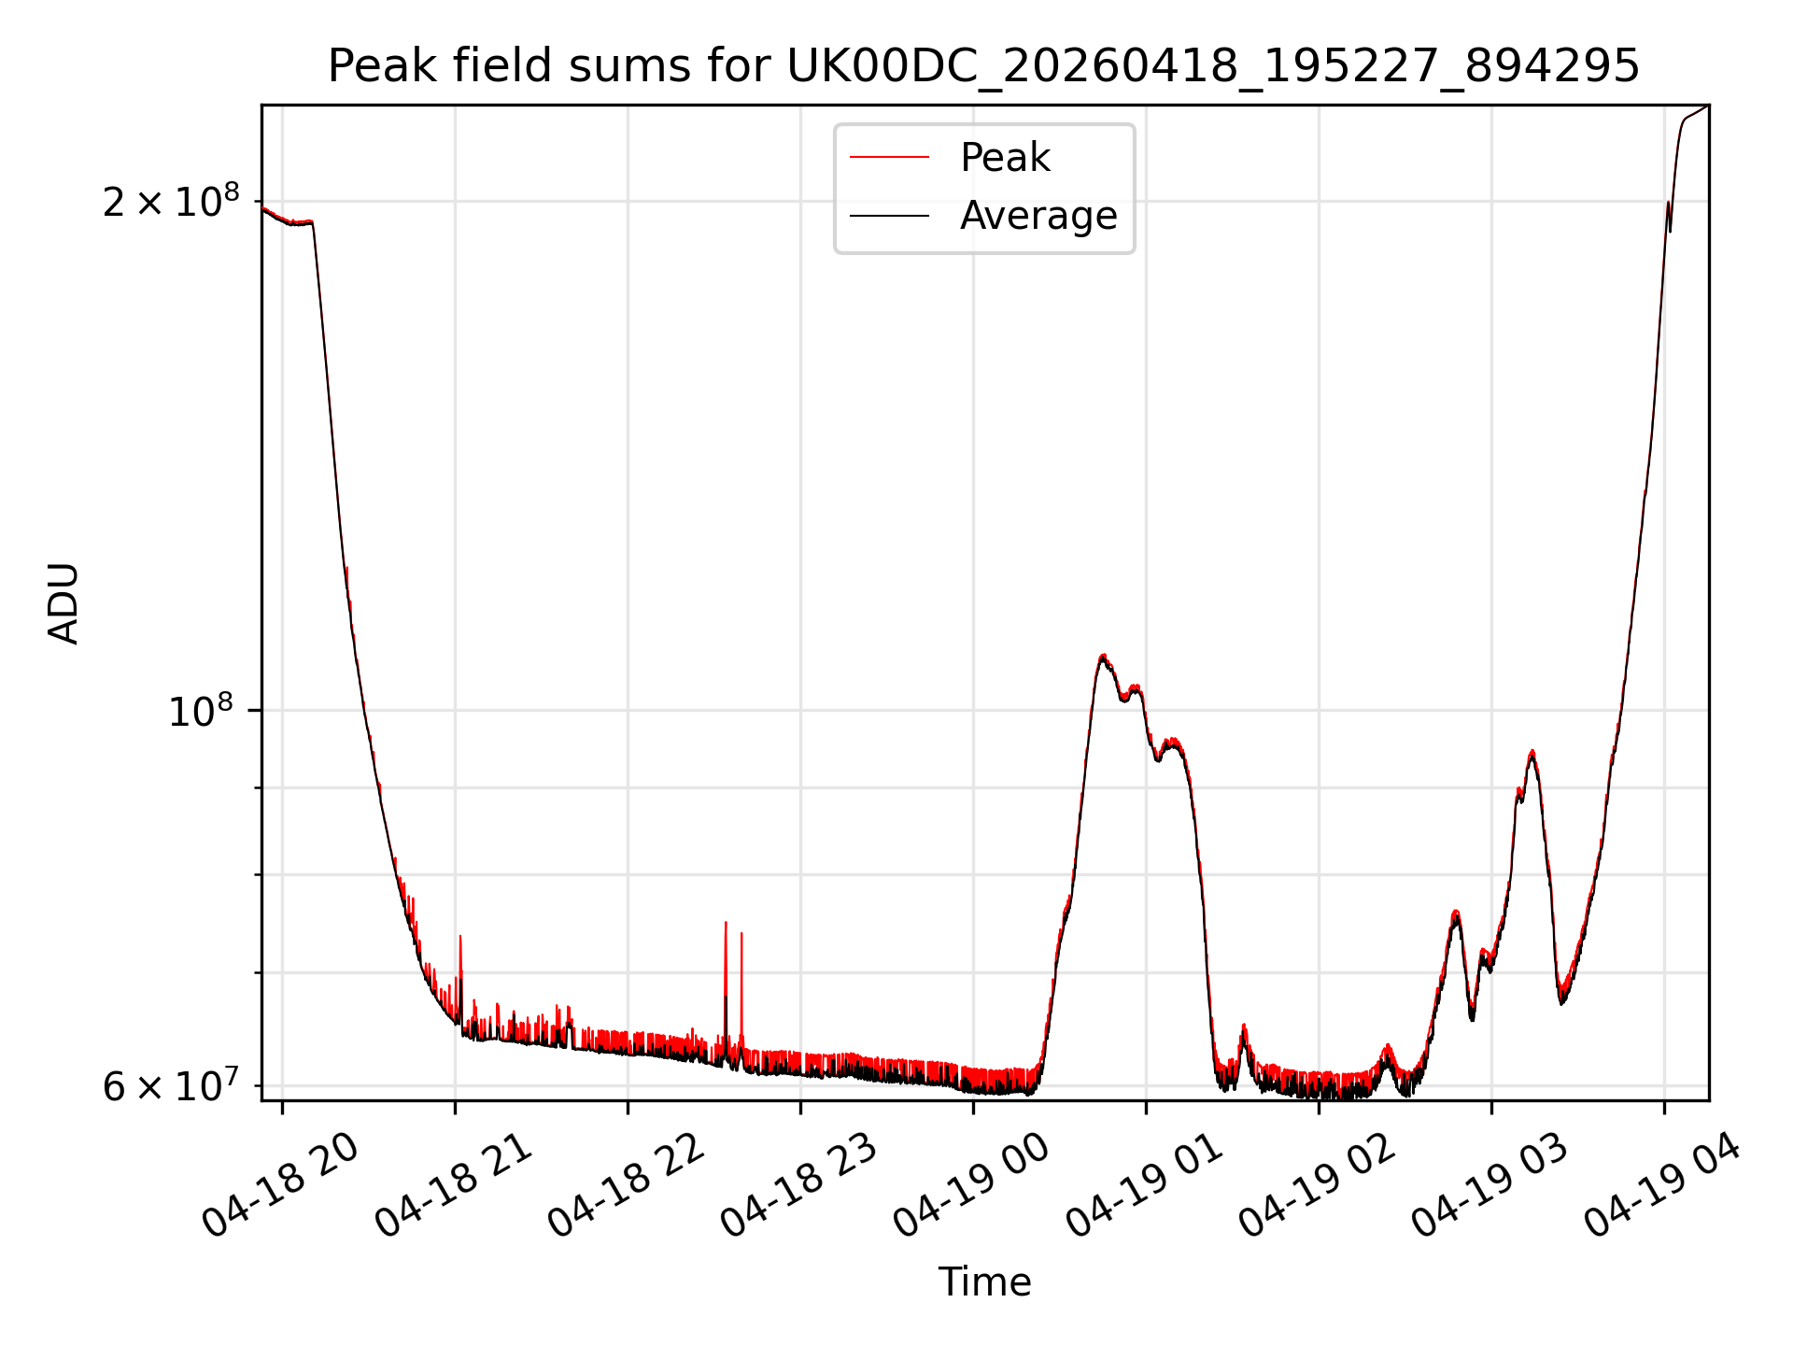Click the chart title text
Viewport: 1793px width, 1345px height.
pos(983,66)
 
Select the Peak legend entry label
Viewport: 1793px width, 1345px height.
pos(1005,158)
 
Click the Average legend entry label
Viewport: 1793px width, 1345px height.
pos(1038,216)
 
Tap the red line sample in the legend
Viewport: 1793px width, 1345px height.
pos(889,158)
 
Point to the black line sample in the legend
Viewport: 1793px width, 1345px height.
pos(889,216)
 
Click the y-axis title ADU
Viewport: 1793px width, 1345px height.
pos(64,602)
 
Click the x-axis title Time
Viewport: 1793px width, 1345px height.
pos(984,1281)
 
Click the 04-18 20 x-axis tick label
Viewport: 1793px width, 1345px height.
pos(281,1185)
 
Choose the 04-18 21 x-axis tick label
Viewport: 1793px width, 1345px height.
pos(454,1185)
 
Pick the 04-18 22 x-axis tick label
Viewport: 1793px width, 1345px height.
pos(627,1185)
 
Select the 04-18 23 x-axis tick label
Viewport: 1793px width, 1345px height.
pos(799,1185)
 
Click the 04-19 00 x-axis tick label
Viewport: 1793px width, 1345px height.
pos(972,1185)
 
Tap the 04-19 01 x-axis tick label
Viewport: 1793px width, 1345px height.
pos(1145,1185)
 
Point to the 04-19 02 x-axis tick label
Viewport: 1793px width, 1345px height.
pos(1318,1185)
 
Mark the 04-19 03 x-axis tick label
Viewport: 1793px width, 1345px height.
pos(1490,1185)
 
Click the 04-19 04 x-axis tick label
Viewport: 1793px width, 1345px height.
pos(1663,1185)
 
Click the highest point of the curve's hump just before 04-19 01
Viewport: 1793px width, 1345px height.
pos(1104,656)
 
